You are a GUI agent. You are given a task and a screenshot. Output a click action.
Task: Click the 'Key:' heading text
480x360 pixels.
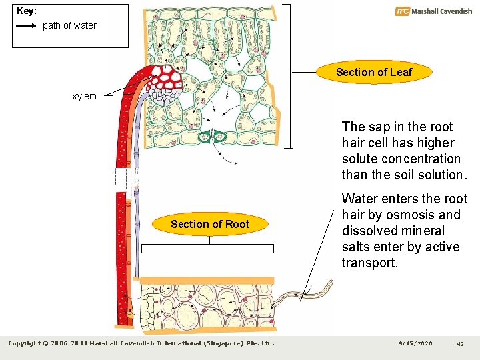(x=27, y=11)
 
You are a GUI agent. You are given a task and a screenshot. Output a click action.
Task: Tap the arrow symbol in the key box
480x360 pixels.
(x=26, y=26)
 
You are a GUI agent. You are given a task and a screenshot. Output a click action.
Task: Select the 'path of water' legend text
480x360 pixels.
(x=69, y=26)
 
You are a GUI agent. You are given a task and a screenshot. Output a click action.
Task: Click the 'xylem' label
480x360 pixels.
(x=84, y=96)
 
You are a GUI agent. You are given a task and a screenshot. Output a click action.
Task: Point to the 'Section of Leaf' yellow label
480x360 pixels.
(x=373, y=72)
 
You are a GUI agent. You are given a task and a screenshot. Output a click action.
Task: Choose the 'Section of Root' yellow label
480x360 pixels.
(x=209, y=224)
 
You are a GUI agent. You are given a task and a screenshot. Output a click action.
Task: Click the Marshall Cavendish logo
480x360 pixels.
(x=433, y=11)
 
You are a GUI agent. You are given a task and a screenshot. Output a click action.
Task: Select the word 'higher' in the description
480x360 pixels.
(x=433, y=143)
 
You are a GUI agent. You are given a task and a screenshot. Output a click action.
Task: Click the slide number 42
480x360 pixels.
(x=460, y=343)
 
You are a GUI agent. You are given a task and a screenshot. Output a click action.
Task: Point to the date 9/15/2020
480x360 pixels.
(x=415, y=343)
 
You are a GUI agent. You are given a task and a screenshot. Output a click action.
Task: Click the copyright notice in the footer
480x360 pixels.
(x=141, y=343)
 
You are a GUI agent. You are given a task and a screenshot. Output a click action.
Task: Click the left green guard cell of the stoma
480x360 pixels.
(x=203, y=137)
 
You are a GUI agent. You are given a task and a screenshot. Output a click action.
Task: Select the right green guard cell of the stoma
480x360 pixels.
(x=221, y=137)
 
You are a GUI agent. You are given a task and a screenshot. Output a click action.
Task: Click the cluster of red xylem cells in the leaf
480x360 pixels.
(x=168, y=79)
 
